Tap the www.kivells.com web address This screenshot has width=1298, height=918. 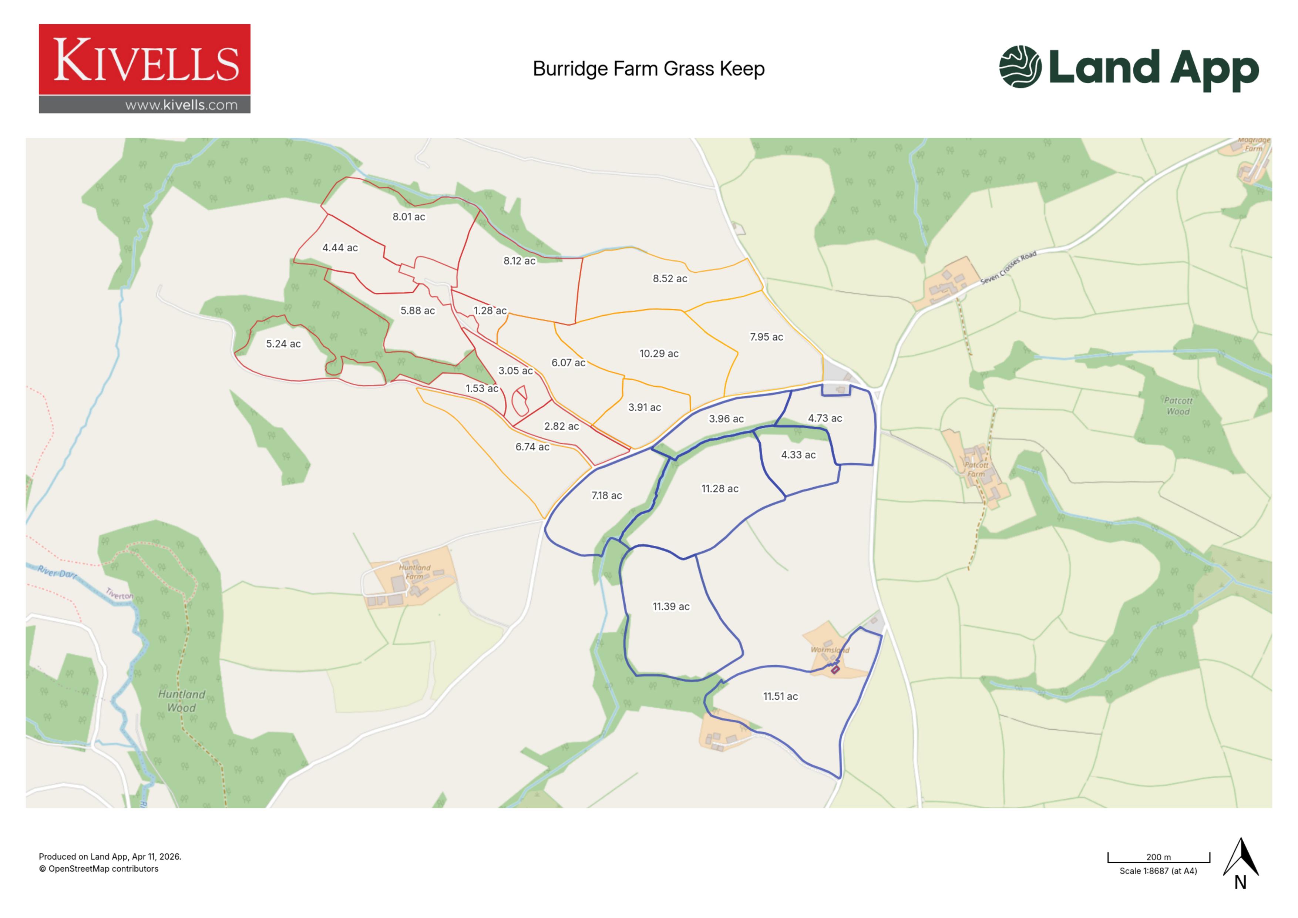pyautogui.click(x=181, y=105)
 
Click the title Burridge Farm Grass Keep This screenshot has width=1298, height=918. pyautogui.click(x=648, y=69)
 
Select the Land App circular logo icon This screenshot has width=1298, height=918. pyautogui.click(x=1020, y=67)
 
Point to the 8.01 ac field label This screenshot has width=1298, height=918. pyautogui.click(x=409, y=216)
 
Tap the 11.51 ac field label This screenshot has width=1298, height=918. pyautogui.click(x=780, y=696)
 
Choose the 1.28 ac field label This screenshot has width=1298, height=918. pyautogui.click(x=490, y=310)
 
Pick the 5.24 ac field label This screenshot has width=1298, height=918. pyautogui.click(x=283, y=344)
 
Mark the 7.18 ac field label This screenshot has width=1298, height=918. pyautogui.click(x=606, y=495)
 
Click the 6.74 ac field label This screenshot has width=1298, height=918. pyautogui.click(x=532, y=447)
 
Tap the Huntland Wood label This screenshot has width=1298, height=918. pyautogui.click(x=181, y=700)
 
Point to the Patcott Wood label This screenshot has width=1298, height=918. pyautogui.click(x=1178, y=406)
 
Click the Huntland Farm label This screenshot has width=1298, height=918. pyautogui.click(x=414, y=572)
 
